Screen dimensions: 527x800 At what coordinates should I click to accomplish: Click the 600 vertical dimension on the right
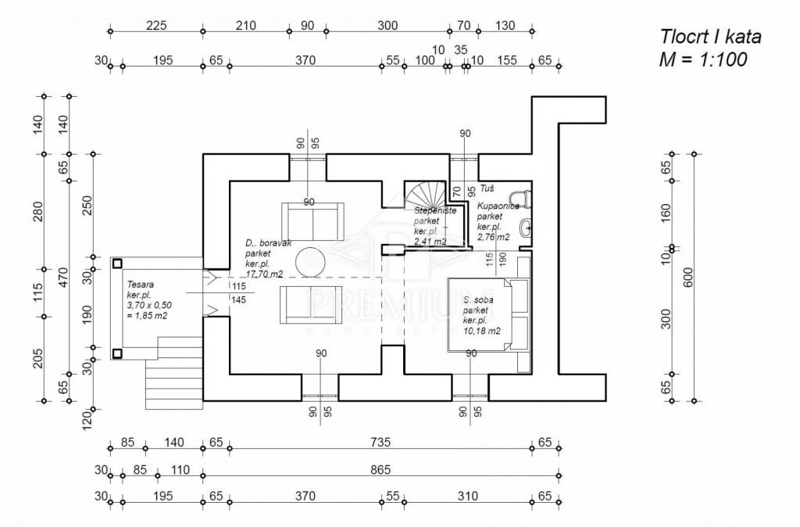coord(687,278)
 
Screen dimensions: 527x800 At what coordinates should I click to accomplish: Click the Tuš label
coord(487,188)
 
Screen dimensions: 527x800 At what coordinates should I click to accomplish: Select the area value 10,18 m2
coord(481,331)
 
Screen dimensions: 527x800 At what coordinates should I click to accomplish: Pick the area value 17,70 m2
coord(264,274)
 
